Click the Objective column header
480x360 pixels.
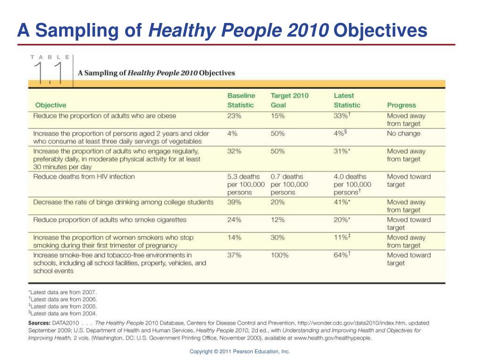pyautogui.click(x=51, y=105)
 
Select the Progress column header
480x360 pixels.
pyautogui.click(x=401, y=105)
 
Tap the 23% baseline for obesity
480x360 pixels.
pyautogui.click(x=234, y=116)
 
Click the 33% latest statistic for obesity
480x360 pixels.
pyautogui.click(x=342, y=116)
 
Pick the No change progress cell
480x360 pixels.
pyautogui.click(x=404, y=134)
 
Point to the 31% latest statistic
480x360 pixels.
pyautogui.click(x=342, y=151)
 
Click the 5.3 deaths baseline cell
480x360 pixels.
pyautogui.click(x=246, y=185)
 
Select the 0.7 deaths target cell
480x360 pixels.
pyautogui.click(x=289, y=185)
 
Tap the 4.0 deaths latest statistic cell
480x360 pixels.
pyautogui.click(x=352, y=185)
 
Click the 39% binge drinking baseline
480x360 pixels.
pyautogui.click(x=234, y=202)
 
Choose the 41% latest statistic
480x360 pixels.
pyautogui.click(x=342, y=202)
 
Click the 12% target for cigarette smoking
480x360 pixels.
pyautogui.click(x=277, y=220)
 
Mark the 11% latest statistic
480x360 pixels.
pyautogui.click(x=342, y=237)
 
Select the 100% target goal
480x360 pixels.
pyautogui.click(x=279, y=255)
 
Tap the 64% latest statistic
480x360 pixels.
pyautogui.click(x=342, y=255)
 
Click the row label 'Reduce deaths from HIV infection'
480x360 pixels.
pyautogui.click(x=84, y=177)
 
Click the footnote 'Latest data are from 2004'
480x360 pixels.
pyautogui.click(x=62, y=314)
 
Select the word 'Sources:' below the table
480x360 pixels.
pyautogui.click(x=39, y=323)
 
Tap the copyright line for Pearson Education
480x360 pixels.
pyautogui.click(x=240, y=352)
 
